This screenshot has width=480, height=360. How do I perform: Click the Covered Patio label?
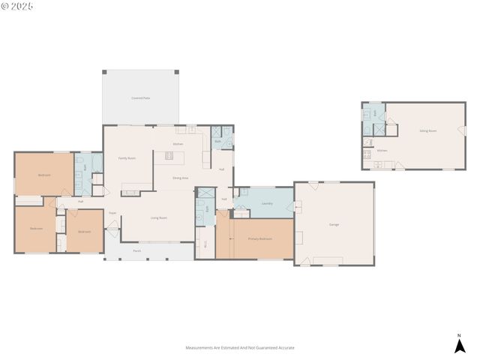point(141,98)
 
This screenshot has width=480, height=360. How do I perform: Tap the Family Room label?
point(127,158)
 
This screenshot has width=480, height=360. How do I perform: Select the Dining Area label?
point(180,178)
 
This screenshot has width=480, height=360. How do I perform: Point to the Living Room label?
point(158,218)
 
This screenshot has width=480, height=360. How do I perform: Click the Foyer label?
point(112,213)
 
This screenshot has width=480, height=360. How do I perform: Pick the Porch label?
point(136,250)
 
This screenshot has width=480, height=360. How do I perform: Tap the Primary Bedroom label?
point(259,238)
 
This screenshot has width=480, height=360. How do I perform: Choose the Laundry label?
point(266,203)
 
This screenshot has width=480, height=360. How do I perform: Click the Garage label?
point(334,224)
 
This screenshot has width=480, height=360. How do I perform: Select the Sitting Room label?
point(427,131)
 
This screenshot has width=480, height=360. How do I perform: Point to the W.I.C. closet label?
point(205,243)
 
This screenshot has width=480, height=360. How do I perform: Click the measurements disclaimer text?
point(240,348)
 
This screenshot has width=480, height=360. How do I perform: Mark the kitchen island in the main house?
point(168,156)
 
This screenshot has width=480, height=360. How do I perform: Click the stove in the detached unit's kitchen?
point(367,154)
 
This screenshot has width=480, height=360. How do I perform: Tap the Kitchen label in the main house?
point(178,144)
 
